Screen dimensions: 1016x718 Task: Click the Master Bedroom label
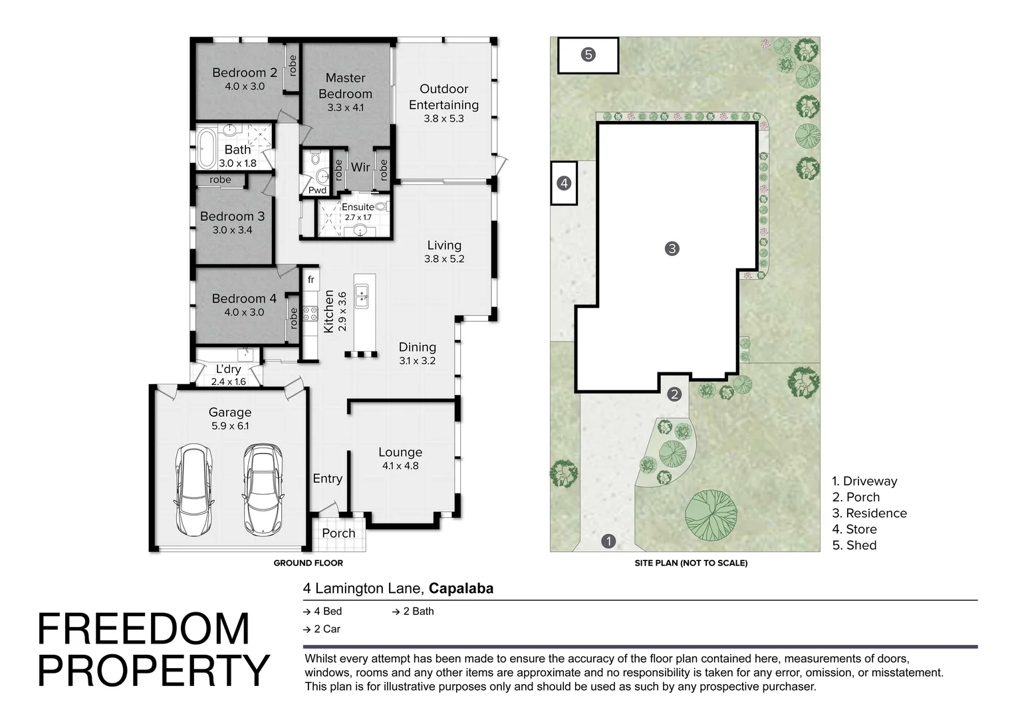click(x=345, y=86)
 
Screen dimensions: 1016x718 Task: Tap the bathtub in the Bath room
click(x=207, y=149)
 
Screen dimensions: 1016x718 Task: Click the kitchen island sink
click(x=362, y=296)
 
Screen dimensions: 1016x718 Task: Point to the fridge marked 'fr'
click(x=311, y=279)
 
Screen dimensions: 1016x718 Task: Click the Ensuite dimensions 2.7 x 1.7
click(x=358, y=217)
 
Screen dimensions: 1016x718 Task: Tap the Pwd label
click(x=317, y=190)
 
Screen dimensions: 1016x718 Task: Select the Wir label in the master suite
click(x=360, y=168)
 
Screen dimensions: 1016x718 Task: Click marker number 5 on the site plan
click(x=588, y=55)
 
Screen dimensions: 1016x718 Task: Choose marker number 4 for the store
click(x=564, y=183)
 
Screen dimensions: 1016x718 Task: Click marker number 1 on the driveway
click(x=608, y=541)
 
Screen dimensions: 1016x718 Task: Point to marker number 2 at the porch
click(x=674, y=394)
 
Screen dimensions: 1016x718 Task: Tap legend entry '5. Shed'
click(x=854, y=545)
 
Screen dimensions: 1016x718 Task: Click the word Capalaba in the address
click(x=461, y=588)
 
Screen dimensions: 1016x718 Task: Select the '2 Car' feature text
click(x=327, y=629)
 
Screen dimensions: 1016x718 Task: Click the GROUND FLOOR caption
click(x=308, y=563)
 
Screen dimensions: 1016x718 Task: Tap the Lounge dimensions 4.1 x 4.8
click(x=400, y=466)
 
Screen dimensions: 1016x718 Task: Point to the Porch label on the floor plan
click(x=338, y=533)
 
